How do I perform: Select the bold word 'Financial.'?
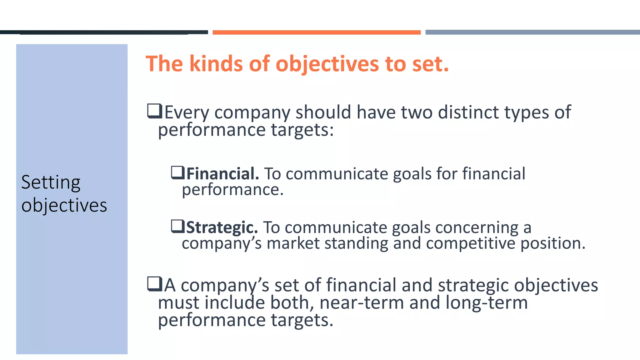coord(222,174)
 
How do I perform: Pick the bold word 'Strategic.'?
coord(222,227)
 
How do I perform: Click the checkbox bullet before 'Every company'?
coord(154,111)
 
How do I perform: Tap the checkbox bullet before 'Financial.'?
coord(178,172)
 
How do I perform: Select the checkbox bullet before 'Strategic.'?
coord(178,226)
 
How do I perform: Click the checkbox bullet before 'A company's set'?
coord(154,284)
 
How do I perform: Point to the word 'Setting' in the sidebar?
coord(51,182)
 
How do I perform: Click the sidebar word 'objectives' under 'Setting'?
coord(64,206)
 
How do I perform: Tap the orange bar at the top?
coord(316,32)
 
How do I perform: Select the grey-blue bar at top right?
coord(532,32)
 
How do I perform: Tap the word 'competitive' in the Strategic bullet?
coord(470,243)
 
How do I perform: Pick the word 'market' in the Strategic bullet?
coord(293,243)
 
